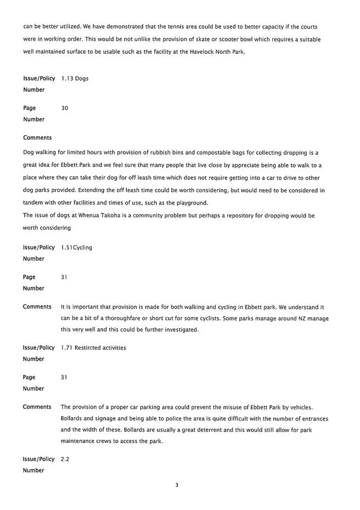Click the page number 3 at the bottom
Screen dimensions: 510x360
[x=177, y=485]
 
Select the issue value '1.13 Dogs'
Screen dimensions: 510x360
[x=75, y=79]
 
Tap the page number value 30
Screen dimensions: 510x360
[x=64, y=108]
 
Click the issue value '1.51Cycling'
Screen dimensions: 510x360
[x=76, y=248]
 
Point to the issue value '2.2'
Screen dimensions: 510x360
[x=65, y=459]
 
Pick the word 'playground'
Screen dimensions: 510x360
[x=189, y=203]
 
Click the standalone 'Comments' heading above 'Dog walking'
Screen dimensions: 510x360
[x=37, y=138]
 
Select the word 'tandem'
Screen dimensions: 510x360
[x=34, y=203]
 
